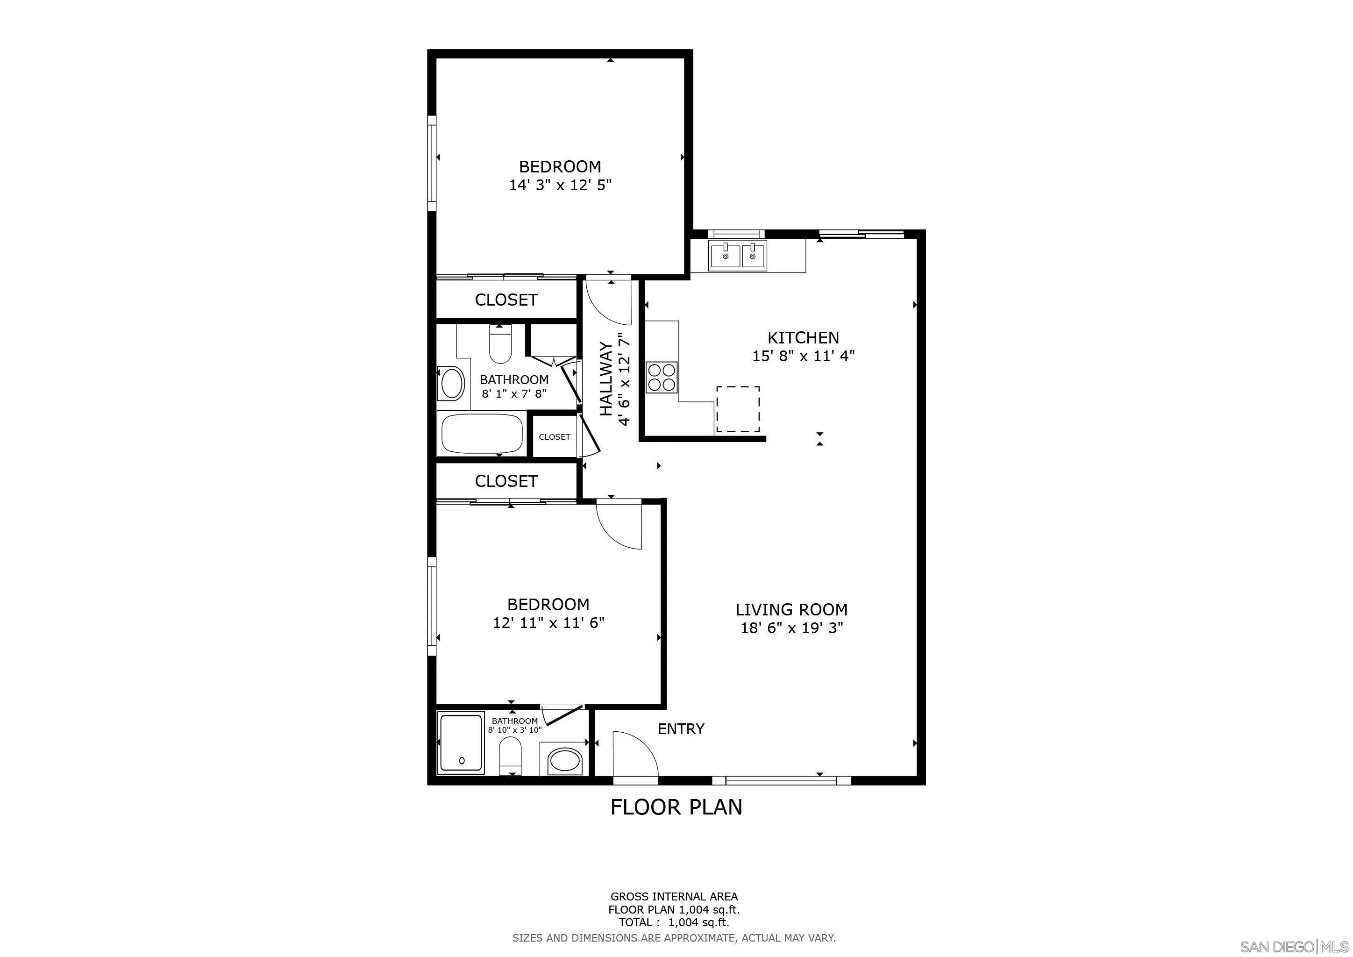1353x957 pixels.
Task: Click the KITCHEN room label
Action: [803, 338]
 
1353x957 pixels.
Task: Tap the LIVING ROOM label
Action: [791, 609]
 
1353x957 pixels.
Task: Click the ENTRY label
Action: [681, 729]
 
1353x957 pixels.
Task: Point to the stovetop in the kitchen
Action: [662, 377]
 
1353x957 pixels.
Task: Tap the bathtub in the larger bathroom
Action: [482, 434]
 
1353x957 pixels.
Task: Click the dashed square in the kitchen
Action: [738, 409]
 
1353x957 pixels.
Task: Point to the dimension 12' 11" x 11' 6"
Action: [548, 623]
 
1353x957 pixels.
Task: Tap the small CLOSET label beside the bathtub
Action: [555, 436]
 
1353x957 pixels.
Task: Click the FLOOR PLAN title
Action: [676, 807]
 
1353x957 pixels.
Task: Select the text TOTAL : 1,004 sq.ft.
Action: [674, 923]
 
